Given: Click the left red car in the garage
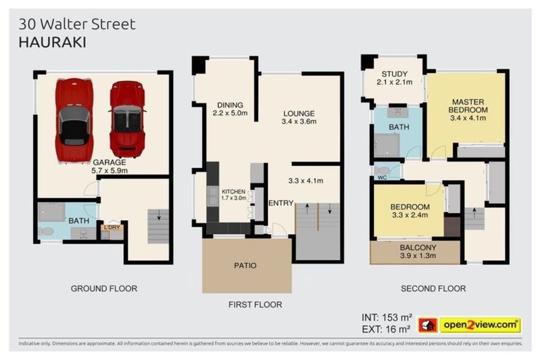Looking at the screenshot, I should pos(74,120).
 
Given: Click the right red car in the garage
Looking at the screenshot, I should pos(127,118).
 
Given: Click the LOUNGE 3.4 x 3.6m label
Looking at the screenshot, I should pos(299,117).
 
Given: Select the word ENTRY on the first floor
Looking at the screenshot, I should pos(281,203).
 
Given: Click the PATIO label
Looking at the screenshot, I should pos(245,266).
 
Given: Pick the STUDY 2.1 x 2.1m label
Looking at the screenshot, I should pos(394,78).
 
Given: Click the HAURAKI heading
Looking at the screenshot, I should pos(52,42).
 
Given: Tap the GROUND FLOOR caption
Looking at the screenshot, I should pos(103,288).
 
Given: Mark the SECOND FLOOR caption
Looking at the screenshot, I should pos(433,288).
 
